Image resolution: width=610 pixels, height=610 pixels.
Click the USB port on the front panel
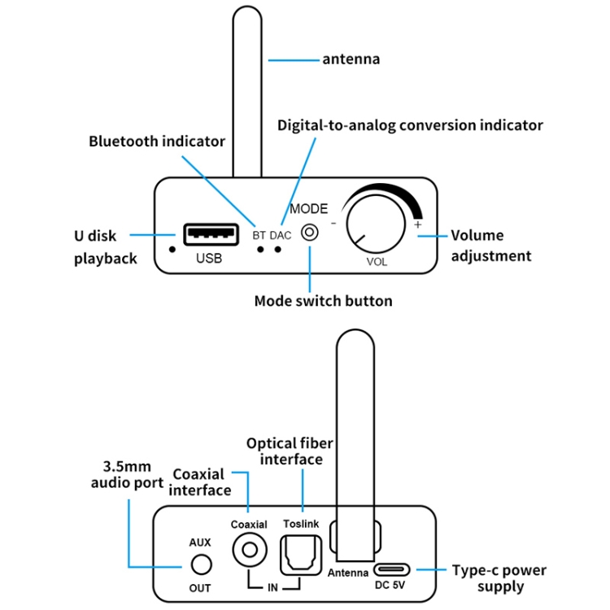tap(211, 235)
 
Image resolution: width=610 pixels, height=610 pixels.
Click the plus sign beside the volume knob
tap(418, 224)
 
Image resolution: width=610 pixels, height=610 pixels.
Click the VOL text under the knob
tap(377, 262)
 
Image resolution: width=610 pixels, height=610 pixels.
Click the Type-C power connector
tap(391, 569)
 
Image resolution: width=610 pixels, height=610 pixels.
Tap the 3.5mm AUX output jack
tap(200, 564)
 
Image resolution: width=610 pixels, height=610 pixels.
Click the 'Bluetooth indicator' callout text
tap(157, 142)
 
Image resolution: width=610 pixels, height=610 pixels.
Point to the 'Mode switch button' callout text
tap(323, 301)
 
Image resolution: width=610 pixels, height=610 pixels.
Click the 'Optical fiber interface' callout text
tap(290, 451)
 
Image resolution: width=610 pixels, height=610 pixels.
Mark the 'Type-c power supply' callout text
tap(499, 578)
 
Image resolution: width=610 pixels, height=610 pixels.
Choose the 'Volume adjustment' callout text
tap(490, 246)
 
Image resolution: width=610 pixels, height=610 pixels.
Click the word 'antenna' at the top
tap(351, 59)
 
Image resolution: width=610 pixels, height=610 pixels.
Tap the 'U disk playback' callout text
tap(104, 247)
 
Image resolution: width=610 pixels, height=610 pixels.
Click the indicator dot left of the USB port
tap(172, 248)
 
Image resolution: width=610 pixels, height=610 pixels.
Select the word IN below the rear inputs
tap(272, 587)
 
